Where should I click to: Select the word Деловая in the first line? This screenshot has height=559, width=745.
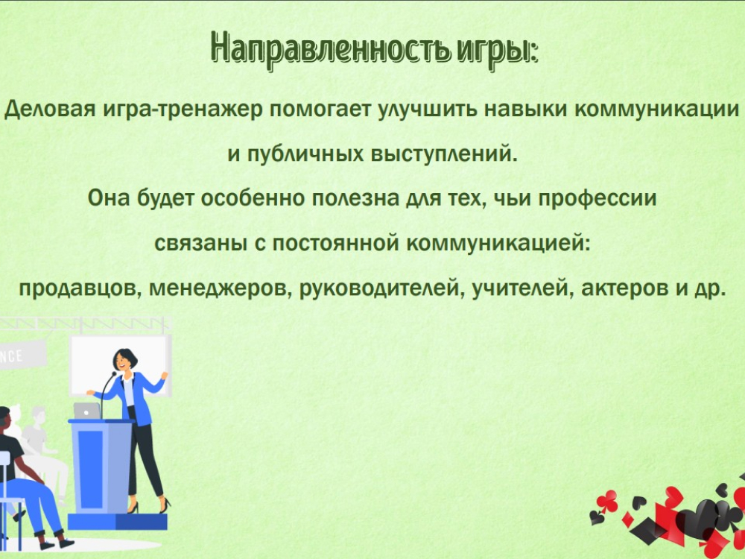[49, 110]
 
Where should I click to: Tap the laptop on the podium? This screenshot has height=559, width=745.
[87, 411]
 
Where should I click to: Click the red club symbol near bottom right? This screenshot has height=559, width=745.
[606, 502]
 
